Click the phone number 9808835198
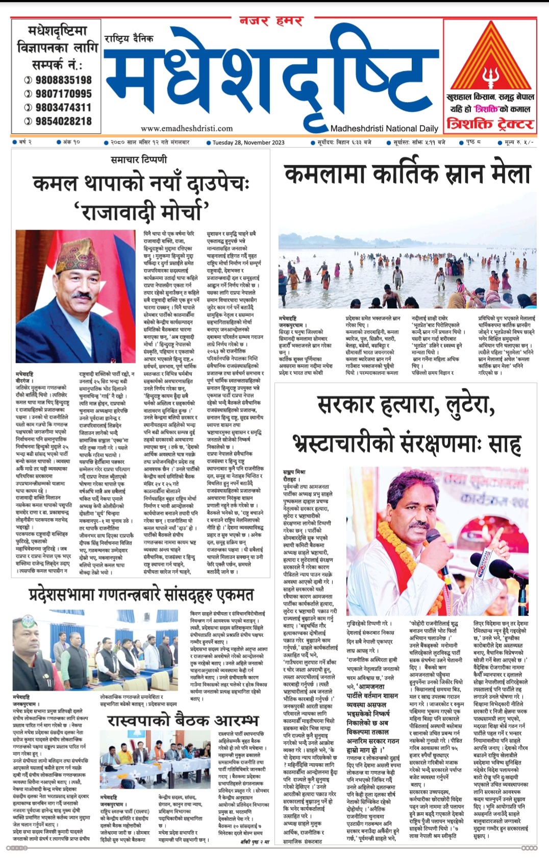[63, 80]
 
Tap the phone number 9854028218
[63, 121]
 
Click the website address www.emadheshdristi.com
[187, 129]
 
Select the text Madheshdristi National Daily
[384, 129]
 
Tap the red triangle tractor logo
[491, 57]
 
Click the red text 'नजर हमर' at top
[271, 21]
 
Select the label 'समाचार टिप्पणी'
[139, 160]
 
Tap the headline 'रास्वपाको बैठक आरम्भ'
[183, 720]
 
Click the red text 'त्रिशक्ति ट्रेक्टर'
[490, 124]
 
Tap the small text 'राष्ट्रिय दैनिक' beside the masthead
[129, 39]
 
